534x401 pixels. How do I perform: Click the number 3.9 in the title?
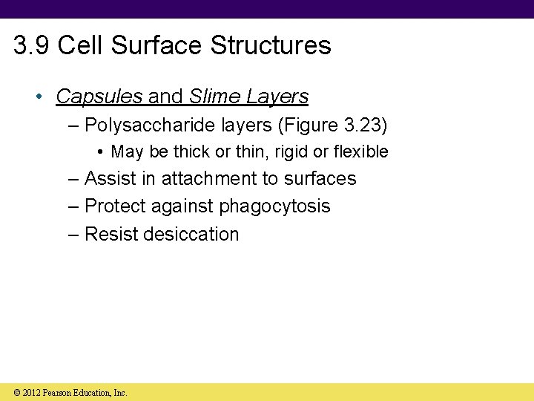click(x=32, y=45)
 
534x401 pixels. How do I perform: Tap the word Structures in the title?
click(x=271, y=45)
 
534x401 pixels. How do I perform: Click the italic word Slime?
click(x=211, y=97)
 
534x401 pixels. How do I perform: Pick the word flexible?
click(x=361, y=151)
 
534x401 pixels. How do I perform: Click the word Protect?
click(x=114, y=206)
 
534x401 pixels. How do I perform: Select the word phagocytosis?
click(x=274, y=206)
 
